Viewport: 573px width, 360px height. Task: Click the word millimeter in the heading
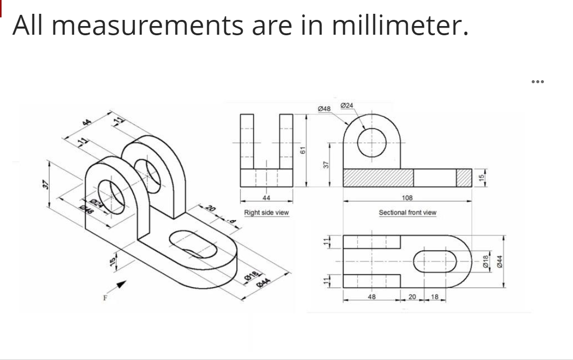(400, 26)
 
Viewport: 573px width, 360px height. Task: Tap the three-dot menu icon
(537, 81)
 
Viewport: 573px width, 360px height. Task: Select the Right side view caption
(266, 212)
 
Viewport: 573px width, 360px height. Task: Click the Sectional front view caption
(407, 212)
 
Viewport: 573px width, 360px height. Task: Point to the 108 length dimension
(407, 198)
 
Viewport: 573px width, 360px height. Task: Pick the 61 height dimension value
(302, 150)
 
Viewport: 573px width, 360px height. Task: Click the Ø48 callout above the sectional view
(324, 109)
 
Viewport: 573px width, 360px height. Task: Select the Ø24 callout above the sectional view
(346, 105)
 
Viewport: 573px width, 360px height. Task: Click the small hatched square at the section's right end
(463, 177)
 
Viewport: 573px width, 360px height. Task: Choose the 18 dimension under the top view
(435, 297)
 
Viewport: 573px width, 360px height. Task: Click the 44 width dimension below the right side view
(266, 198)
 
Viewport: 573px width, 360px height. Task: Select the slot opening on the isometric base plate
(192, 243)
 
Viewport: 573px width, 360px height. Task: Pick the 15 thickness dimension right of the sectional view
(480, 177)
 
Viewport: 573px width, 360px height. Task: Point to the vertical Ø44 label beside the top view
(501, 260)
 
